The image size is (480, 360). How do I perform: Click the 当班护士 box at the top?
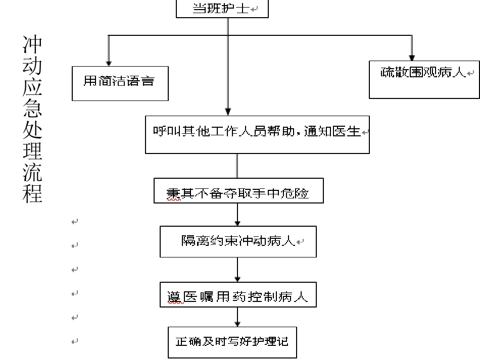coord(222,9)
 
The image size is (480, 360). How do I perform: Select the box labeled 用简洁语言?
coord(120,82)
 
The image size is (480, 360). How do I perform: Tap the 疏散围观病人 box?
coord(424,78)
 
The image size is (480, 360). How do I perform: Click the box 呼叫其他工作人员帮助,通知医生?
coord(257,134)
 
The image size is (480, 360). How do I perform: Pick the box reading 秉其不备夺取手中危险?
coord(238,192)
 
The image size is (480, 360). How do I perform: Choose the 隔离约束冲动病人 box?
coord(238,241)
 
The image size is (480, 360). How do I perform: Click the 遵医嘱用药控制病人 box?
coord(237,296)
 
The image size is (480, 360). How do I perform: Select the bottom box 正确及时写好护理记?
coord(232,342)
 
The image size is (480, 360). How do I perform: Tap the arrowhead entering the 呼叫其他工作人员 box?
coord(228,111)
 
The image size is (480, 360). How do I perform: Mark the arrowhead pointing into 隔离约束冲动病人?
coord(237,223)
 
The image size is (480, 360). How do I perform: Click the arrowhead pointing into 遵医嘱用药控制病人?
coord(237,278)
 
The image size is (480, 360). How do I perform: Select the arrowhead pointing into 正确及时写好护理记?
coord(237,324)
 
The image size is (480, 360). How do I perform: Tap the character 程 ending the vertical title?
coord(32,192)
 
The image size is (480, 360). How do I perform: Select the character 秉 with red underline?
coord(174,193)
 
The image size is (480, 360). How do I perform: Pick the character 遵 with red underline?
coord(174,297)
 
